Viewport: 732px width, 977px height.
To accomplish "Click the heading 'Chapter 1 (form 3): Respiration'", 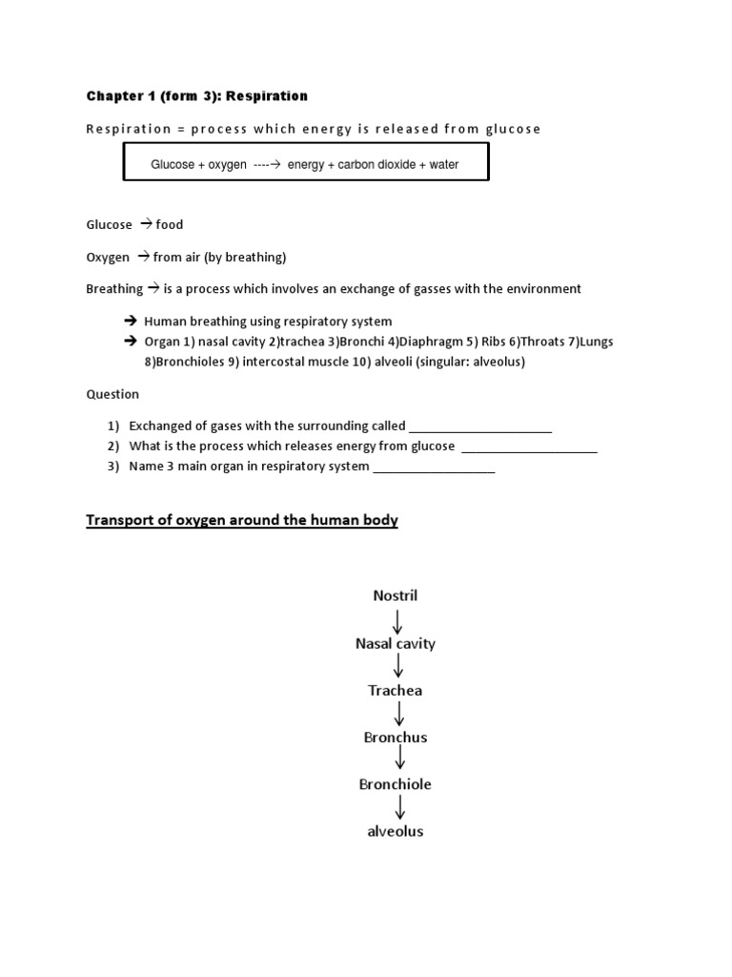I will (197, 96).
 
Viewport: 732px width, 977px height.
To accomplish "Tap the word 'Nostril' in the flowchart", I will (395, 596).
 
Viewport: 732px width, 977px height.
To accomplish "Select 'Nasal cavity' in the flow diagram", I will (395, 644).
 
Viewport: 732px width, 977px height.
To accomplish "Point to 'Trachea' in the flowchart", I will (395, 691).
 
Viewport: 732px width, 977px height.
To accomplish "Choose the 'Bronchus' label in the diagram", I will (395, 738).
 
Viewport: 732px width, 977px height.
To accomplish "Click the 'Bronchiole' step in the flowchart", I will (395, 784).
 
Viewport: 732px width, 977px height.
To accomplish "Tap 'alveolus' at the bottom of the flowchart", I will (395, 831).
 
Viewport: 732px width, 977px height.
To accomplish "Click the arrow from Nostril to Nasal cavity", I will (397, 620).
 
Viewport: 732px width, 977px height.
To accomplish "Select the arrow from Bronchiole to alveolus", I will (400, 807).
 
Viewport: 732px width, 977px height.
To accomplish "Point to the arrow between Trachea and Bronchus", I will (398, 714).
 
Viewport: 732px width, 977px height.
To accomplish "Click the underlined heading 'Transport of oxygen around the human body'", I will (242, 520).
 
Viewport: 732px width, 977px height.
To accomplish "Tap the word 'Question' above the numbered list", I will (112, 394).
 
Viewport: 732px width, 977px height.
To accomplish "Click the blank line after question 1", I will (480, 427).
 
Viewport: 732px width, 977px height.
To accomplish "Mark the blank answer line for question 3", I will (434, 467).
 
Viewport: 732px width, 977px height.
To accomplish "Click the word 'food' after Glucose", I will (170, 225).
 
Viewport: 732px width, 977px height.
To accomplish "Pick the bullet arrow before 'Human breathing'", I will (131, 322).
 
